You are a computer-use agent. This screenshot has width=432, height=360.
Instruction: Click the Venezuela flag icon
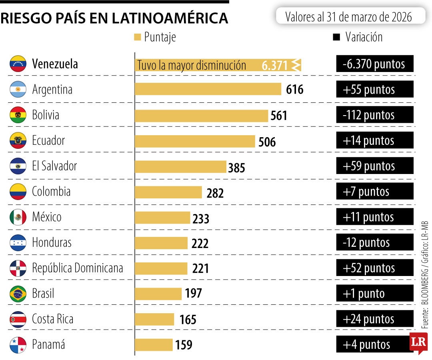tap(18, 64)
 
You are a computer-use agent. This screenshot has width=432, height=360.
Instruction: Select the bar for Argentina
tap(208, 89)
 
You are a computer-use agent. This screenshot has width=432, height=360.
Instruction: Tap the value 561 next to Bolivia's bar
tap(279, 116)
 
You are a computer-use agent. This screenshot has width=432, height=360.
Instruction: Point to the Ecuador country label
tap(48, 141)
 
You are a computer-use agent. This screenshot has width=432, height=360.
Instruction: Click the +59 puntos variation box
tap(374, 166)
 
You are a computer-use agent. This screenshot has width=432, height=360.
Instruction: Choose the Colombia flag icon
tap(18, 192)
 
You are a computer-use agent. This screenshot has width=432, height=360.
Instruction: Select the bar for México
tap(162, 218)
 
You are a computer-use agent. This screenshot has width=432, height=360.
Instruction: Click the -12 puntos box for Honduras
tap(374, 242)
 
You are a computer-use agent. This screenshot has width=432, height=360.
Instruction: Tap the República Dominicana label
tap(78, 268)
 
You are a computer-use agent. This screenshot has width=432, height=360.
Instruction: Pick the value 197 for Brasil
tap(194, 294)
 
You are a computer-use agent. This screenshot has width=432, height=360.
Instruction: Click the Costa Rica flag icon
tap(18, 319)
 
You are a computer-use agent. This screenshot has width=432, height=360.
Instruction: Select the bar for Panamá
tap(154, 345)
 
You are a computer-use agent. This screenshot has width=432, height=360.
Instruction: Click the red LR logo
tap(418, 342)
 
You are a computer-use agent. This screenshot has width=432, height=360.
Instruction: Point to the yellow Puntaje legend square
tap(138, 37)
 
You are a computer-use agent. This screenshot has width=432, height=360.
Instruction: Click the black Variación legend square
tap(336, 37)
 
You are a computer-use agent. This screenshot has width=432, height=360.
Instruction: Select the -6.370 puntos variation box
tap(374, 64)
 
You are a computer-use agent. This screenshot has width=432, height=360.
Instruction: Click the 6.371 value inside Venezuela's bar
tap(275, 65)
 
